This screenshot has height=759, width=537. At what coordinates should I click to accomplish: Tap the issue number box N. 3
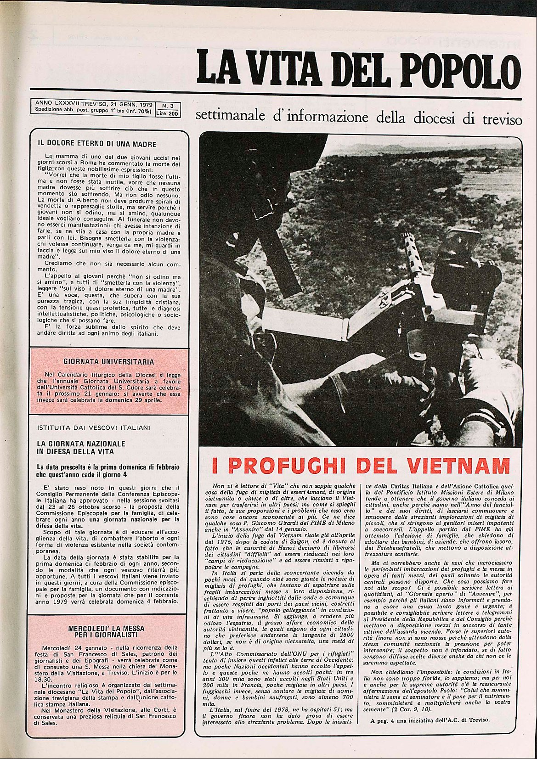tap(168, 106)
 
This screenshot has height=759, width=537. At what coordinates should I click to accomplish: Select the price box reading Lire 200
tap(168, 113)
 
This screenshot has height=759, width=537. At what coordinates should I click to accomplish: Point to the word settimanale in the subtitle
tap(230, 117)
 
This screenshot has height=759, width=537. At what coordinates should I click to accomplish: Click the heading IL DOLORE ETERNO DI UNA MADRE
tap(97, 144)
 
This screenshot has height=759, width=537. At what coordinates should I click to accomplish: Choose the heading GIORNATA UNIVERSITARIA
tap(108, 362)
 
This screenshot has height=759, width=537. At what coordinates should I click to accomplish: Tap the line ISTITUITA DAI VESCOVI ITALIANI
tap(94, 427)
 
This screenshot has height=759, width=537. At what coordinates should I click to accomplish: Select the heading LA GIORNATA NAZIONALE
tap(81, 444)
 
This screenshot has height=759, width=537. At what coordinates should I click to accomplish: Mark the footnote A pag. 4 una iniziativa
tap(430, 733)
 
